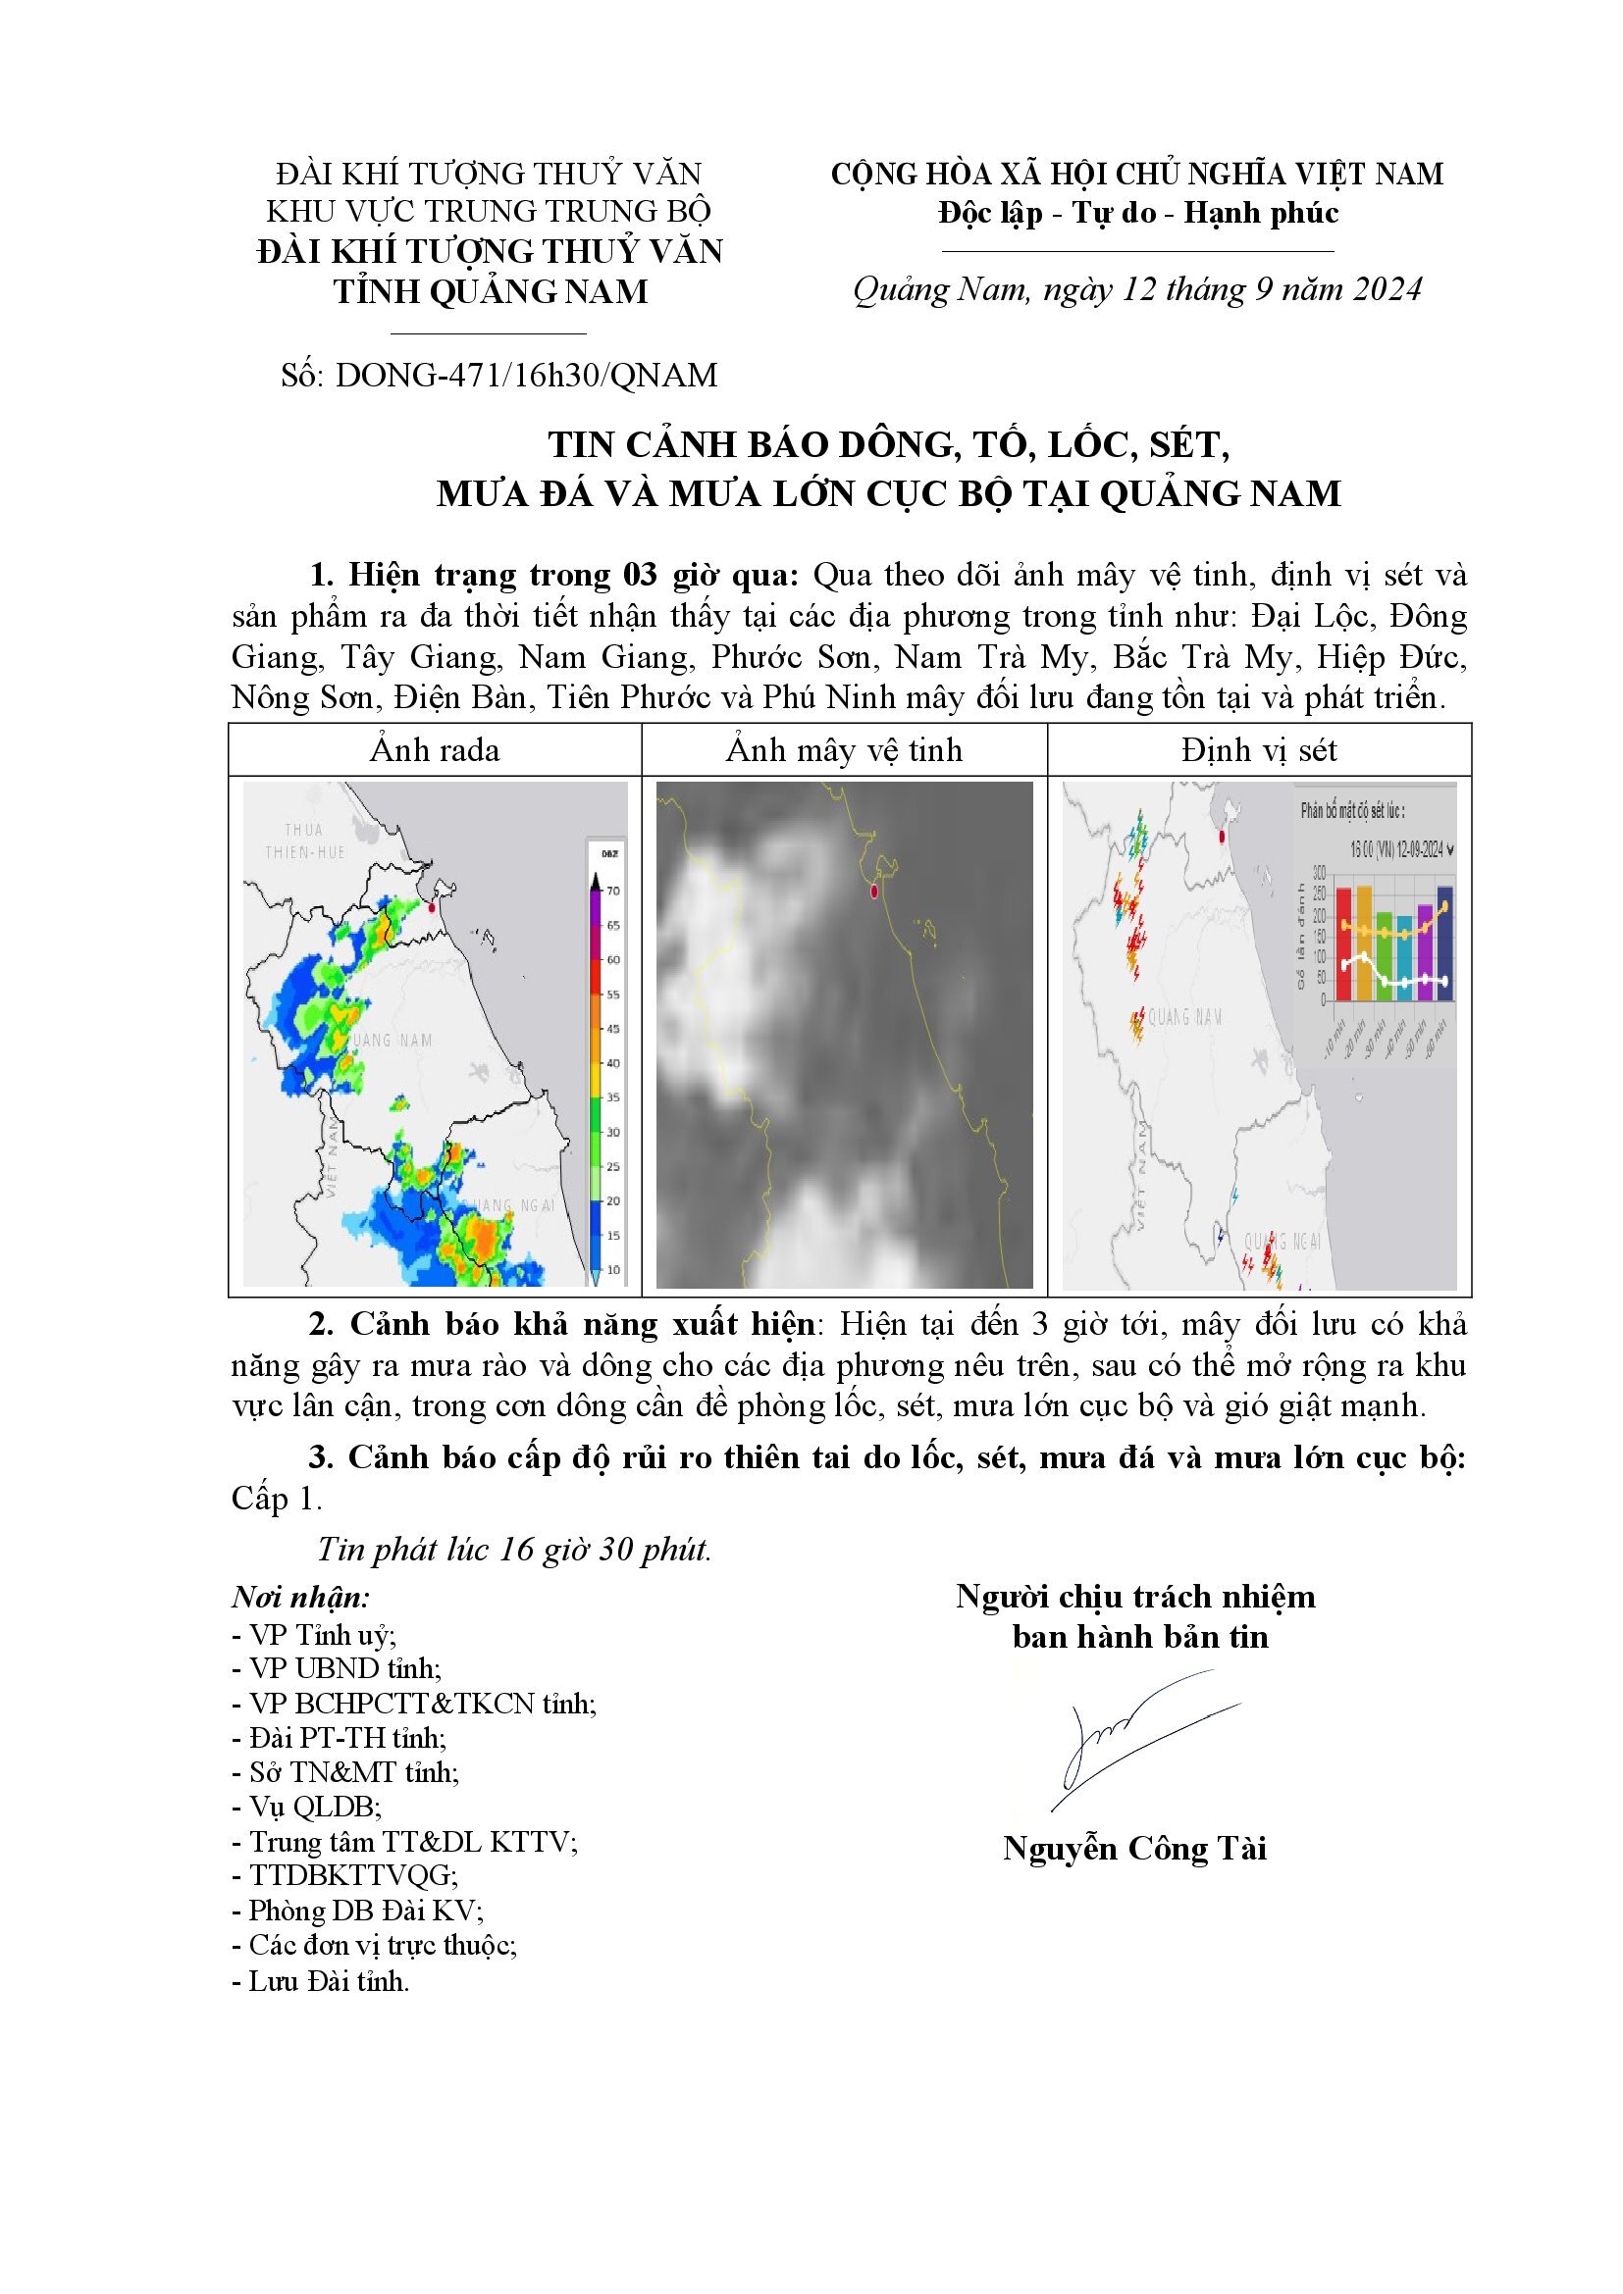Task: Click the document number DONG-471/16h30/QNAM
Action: click(527, 376)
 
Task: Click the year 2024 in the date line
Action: click(1387, 289)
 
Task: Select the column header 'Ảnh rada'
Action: click(435, 750)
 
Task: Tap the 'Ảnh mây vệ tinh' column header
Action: click(844, 750)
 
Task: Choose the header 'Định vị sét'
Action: click(1258, 750)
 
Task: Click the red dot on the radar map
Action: click(432, 907)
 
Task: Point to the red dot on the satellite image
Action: click(873, 891)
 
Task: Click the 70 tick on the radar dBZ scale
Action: click(612, 891)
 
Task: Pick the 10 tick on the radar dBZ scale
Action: click(612, 1270)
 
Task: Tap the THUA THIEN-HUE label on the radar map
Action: click(304, 841)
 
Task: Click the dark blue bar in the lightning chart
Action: click(1445, 943)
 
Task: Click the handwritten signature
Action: click(1139, 1736)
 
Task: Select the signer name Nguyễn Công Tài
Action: click(1134, 1849)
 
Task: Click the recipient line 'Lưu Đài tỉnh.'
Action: click(321, 1980)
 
